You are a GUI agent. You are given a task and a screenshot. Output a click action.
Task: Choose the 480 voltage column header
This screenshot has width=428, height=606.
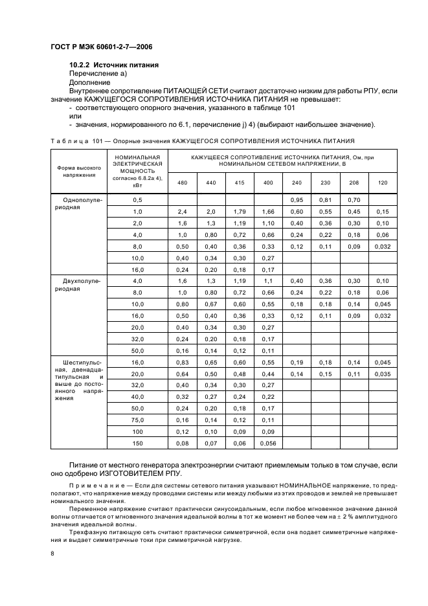183,183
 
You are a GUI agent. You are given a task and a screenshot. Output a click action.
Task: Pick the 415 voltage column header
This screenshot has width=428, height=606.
240,183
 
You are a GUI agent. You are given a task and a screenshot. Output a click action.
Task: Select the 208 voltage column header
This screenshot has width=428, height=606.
354,183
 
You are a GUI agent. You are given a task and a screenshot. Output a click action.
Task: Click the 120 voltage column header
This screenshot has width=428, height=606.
383,183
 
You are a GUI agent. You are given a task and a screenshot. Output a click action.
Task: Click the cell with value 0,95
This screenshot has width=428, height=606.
297,200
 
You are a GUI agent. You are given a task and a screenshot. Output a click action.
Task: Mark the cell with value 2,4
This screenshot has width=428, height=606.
183,212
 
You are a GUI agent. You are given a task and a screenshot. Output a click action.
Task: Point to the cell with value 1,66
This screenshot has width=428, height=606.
268,212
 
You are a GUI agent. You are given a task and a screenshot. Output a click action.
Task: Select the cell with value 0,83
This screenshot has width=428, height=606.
183,363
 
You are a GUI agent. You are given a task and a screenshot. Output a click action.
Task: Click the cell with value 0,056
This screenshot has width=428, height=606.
268,444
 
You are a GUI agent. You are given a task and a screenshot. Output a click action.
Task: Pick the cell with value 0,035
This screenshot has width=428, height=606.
383,374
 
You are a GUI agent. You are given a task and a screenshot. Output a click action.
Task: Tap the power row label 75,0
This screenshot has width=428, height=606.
137,421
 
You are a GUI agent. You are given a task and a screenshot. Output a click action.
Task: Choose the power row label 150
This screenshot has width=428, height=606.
137,444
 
